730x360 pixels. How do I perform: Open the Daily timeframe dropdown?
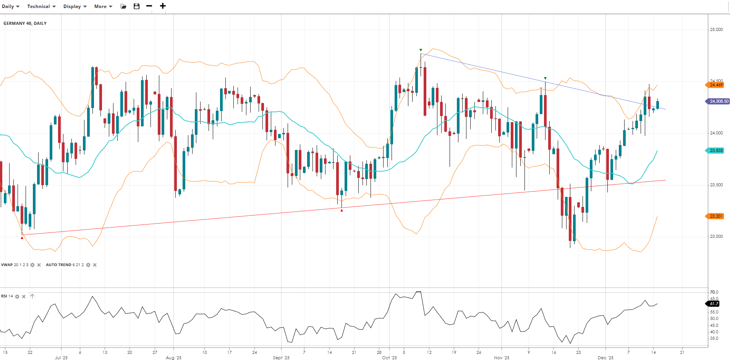[10, 6]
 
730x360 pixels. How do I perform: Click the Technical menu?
[41, 6]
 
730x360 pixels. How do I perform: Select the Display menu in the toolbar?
[75, 6]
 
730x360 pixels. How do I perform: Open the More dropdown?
[103, 6]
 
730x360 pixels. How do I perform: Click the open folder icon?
[123, 6]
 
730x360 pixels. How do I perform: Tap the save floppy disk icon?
[136, 6]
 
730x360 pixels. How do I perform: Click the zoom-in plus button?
[163, 6]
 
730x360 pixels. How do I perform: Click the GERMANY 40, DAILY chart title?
[25, 23]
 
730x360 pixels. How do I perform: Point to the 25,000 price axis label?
[716, 29]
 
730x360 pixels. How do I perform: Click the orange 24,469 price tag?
[715, 85]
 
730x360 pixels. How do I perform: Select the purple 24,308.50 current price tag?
[718, 101]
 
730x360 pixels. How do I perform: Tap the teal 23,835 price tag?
[715, 150]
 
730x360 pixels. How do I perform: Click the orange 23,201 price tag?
[715, 216]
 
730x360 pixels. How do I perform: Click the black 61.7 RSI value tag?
[714, 304]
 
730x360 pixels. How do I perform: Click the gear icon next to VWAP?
[32, 265]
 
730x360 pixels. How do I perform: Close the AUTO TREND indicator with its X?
[95, 265]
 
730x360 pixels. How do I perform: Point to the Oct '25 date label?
[389, 358]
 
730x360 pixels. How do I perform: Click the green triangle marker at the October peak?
[421, 50]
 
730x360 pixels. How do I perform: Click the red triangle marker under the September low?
[342, 210]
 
